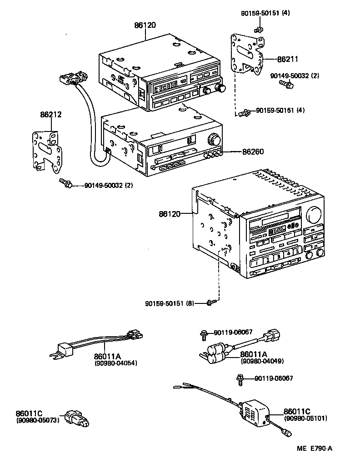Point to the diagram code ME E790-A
315,449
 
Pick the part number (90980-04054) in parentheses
116,363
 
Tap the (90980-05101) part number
305,418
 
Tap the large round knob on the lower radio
313,213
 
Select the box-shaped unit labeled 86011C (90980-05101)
255,410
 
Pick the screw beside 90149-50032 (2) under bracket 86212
66,184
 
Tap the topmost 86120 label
145,25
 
